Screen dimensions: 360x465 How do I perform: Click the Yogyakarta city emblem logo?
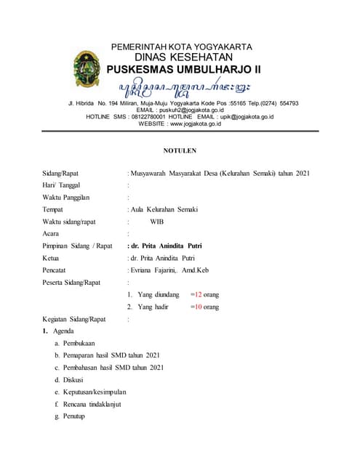click(87, 69)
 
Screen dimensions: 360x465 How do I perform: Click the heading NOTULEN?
click(180, 150)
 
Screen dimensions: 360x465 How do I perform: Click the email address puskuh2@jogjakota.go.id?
click(191, 110)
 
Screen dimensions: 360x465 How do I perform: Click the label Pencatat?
click(56, 270)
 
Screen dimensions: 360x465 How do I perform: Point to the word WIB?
click(157, 222)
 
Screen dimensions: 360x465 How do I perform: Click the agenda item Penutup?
click(74, 416)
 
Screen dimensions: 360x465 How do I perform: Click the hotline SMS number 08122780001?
click(148, 116)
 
